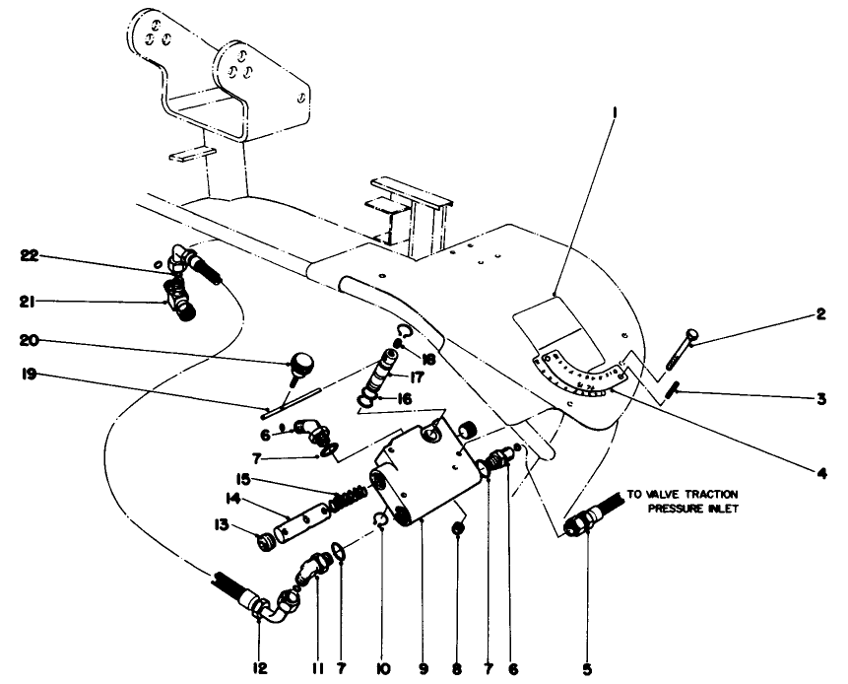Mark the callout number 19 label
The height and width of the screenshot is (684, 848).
(x=30, y=375)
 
